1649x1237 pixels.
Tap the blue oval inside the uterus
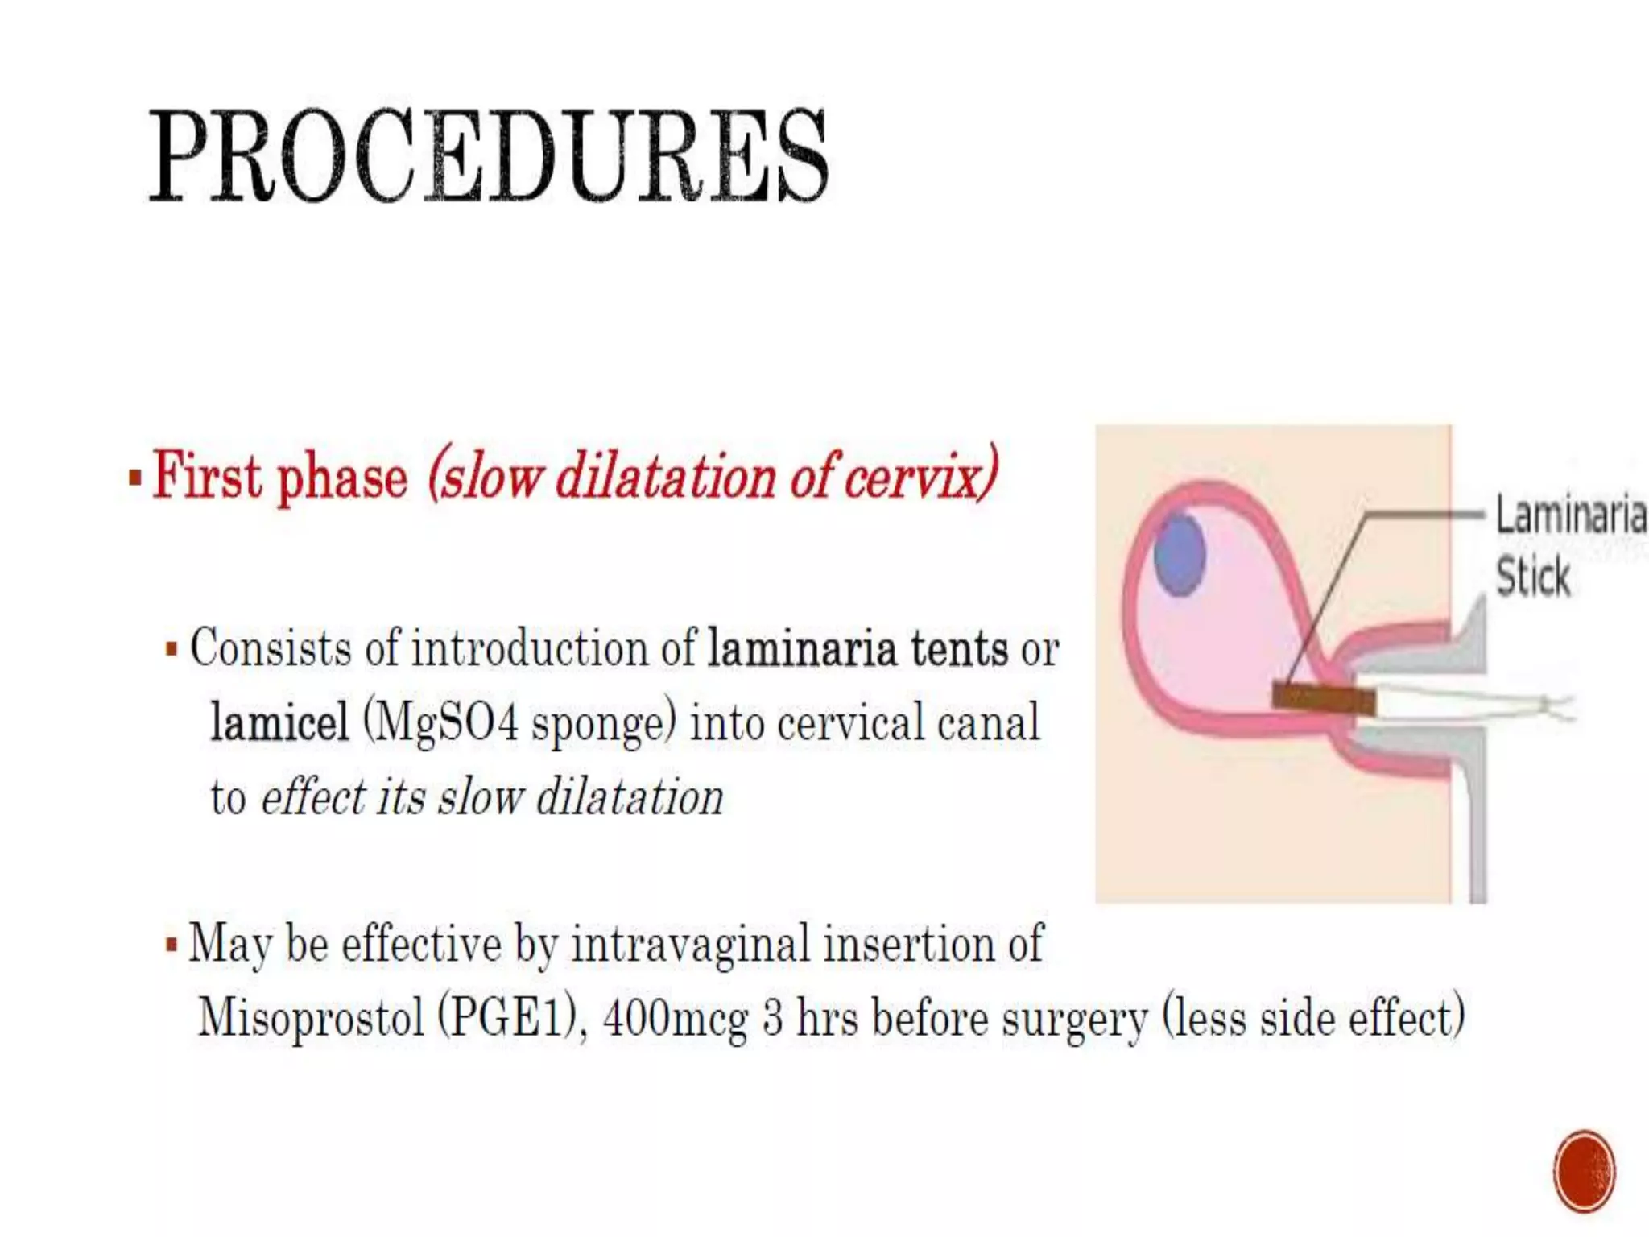point(1180,554)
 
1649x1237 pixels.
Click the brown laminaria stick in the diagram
point(1323,697)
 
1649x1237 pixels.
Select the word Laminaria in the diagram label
point(1570,515)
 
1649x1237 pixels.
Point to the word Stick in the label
point(1532,577)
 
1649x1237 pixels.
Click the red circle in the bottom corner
point(1584,1170)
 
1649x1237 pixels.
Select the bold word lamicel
point(279,722)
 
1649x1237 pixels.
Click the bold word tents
point(959,648)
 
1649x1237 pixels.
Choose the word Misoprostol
point(311,1018)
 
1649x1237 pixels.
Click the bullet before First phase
point(135,478)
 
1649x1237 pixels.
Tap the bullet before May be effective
point(172,945)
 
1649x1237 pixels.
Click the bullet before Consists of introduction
point(172,649)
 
